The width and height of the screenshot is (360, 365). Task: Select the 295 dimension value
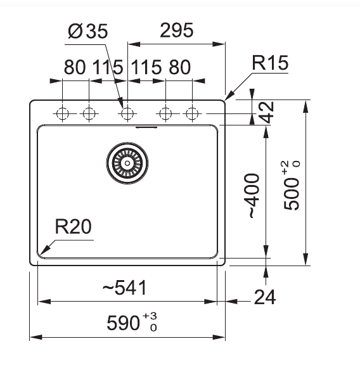[x=176, y=30]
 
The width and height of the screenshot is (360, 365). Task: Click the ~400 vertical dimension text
[x=254, y=195]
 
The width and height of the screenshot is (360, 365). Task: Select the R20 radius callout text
[x=74, y=226]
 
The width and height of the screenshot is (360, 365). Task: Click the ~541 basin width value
[x=124, y=287]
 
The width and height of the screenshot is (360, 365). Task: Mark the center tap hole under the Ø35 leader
[x=127, y=114]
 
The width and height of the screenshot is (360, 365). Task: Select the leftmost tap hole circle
[x=63, y=114]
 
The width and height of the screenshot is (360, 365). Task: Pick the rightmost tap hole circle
[x=192, y=114]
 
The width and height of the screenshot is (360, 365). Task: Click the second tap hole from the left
[x=89, y=114]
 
